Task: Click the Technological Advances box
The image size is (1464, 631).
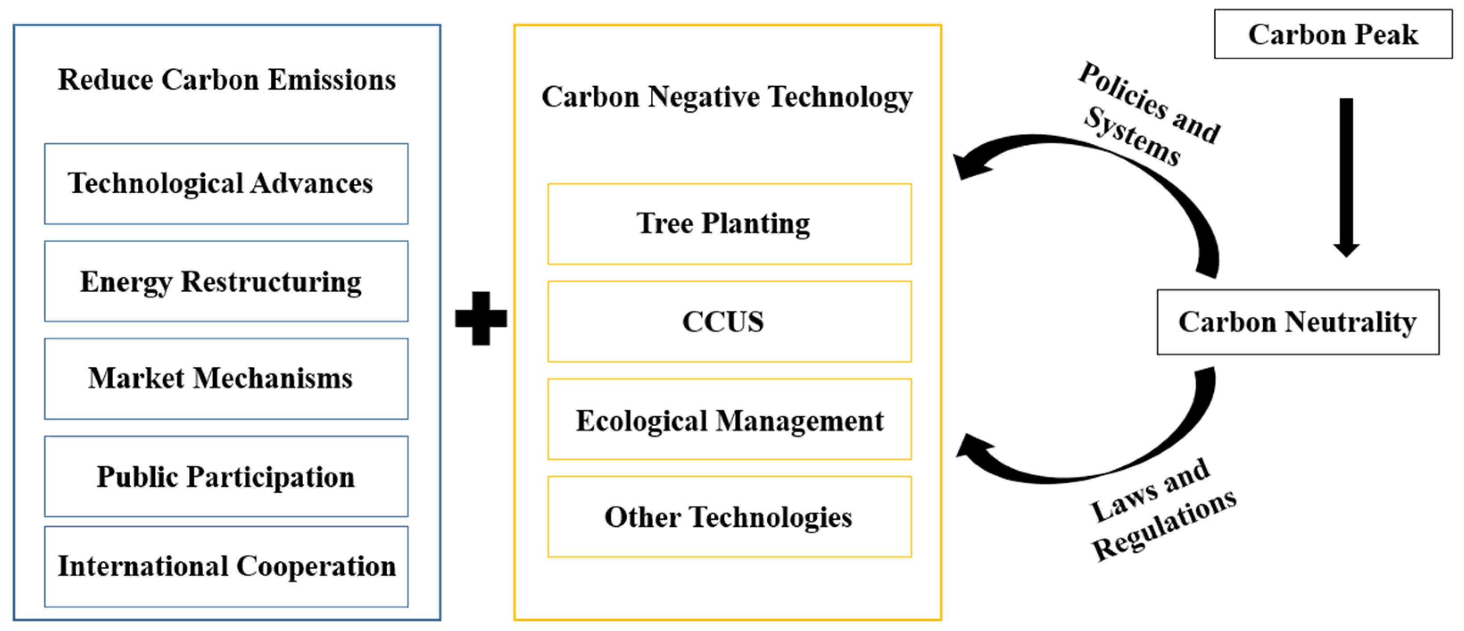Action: click(x=226, y=183)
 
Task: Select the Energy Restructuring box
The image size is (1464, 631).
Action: click(x=226, y=282)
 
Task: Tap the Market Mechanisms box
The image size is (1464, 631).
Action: click(x=226, y=378)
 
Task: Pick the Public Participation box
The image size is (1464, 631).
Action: click(x=226, y=477)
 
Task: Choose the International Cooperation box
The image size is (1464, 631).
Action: click(x=226, y=567)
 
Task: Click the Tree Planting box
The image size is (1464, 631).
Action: click(x=729, y=224)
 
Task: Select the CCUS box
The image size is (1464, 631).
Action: click(x=729, y=322)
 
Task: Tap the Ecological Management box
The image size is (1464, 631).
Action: click(x=729, y=419)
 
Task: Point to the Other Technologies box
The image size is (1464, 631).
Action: click(x=729, y=517)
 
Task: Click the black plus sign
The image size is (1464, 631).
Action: click(x=481, y=318)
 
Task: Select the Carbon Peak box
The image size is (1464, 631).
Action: click(x=1333, y=34)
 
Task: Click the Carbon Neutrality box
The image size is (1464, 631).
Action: click(x=1298, y=322)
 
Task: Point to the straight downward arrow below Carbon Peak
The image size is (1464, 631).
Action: click(x=1346, y=176)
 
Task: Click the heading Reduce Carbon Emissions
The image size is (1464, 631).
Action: click(x=226, y=79)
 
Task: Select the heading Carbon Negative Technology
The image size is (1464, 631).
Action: click(x=727, y=97)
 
